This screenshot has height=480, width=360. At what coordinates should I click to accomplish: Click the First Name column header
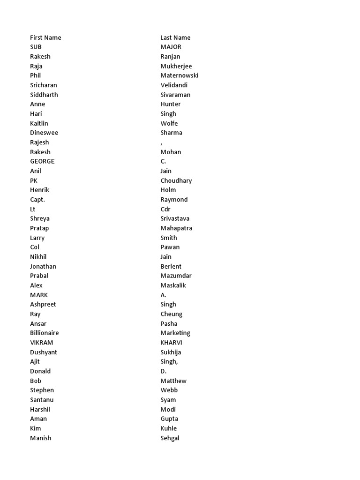point(45,37)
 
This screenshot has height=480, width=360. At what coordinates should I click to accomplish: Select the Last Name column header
point(175,37)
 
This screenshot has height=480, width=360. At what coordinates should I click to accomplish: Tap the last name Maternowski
point(180,75)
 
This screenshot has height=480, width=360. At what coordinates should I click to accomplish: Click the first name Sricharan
point(44,85)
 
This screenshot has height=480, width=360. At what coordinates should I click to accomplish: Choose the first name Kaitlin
point(39,123)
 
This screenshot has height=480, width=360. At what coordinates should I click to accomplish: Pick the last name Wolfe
point(169,123)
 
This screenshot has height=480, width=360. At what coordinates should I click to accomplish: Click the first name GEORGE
point(42,161)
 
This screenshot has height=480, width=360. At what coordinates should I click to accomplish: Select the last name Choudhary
point(176,180)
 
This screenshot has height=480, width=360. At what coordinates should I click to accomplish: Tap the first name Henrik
point(39,190)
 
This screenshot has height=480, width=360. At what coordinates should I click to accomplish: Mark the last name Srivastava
point(175,218)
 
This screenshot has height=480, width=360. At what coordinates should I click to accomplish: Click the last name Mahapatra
point(176,228)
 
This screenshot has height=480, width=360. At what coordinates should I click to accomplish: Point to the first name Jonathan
point(43,266)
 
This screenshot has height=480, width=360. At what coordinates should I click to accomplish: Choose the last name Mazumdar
point(176,276)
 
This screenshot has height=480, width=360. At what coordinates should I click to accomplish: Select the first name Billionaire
point(45,333)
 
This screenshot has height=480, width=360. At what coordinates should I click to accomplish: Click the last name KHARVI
point(171,343)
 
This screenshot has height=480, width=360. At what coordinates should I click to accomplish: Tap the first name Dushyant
point(44,352)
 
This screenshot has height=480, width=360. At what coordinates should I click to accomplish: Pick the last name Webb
point(169,390)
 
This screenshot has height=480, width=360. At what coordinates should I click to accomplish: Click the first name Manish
point(41,438)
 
